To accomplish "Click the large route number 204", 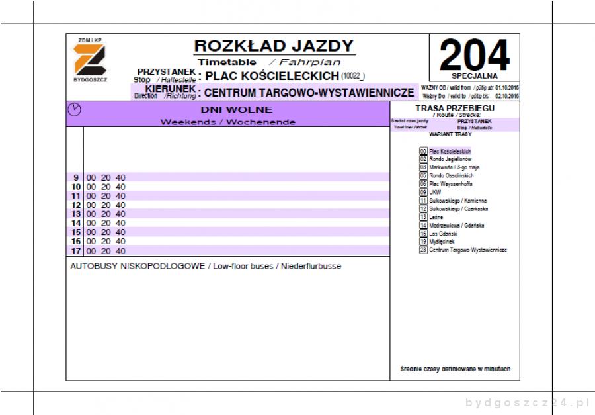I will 474,55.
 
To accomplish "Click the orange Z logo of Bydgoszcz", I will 88,60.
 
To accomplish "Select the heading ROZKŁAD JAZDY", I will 274,46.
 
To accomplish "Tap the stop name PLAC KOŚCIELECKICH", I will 272,76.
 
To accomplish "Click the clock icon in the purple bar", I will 75,110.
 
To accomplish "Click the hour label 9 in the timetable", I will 76,177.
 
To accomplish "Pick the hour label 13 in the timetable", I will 75,214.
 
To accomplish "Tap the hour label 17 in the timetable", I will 75,251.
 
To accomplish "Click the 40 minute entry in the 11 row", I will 120,196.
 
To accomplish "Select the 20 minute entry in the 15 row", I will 106,232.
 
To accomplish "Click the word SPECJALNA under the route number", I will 474,76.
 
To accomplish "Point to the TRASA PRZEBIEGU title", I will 455,108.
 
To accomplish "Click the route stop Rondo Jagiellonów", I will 450,160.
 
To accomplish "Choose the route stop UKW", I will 435,192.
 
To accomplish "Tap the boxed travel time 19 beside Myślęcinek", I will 423,242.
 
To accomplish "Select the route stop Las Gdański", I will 442,234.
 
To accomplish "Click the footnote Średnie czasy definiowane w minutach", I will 455,369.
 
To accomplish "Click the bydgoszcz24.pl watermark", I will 526,402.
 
